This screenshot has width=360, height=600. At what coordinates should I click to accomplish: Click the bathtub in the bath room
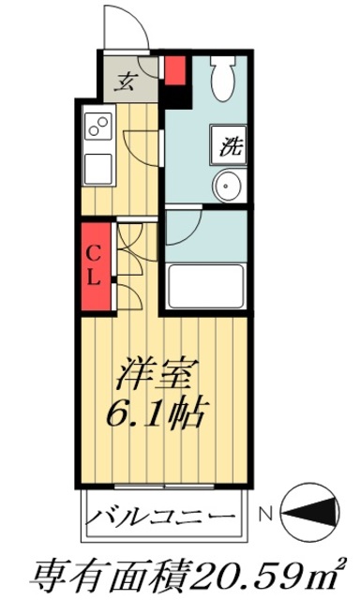point(205,282)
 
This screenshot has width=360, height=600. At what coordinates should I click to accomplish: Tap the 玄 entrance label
point(123,80)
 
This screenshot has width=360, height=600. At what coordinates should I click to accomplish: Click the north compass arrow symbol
point(315,515)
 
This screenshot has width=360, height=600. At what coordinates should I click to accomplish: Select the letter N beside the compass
point(265,515)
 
